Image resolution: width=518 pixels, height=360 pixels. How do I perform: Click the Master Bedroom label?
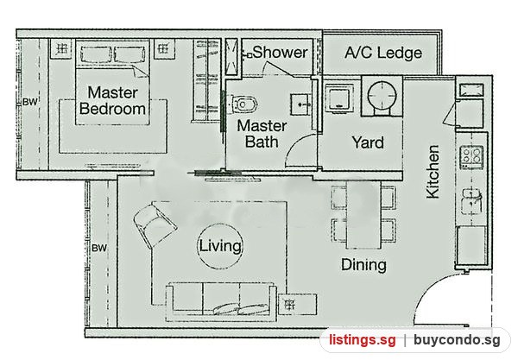coord(112,100)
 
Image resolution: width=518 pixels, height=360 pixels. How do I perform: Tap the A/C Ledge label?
coord(383,53)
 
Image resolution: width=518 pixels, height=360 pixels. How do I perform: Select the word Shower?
coord(280,52)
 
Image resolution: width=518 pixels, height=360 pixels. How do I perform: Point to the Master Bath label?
coord(262,134)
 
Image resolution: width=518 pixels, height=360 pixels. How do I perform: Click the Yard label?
coord(368,142)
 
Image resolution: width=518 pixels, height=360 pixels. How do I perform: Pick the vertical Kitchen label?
coord(433,172)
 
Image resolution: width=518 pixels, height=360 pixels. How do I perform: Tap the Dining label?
coord(363,264)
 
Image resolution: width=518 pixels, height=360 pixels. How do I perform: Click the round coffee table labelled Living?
coord(220,246)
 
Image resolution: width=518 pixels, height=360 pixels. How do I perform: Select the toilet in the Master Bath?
coord(243,104)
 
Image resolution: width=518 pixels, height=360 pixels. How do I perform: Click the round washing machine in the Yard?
coord(382,96)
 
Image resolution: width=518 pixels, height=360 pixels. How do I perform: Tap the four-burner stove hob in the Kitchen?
coord(471,158)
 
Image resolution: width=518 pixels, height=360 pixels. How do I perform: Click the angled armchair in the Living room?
coord(155,225)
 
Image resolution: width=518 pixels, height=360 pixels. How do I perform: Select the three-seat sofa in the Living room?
coord(221,301)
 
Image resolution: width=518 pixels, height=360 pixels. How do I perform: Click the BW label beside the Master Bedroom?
coord(30,102)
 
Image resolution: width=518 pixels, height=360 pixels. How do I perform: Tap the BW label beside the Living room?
coord(99,248)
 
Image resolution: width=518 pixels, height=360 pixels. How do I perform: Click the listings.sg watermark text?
coord(362,340)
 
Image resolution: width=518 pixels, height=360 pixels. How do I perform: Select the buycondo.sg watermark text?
coord(458,340)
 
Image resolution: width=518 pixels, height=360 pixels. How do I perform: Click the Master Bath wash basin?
coord(300,104)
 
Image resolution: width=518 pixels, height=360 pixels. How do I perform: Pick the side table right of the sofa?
coord(297,304)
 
